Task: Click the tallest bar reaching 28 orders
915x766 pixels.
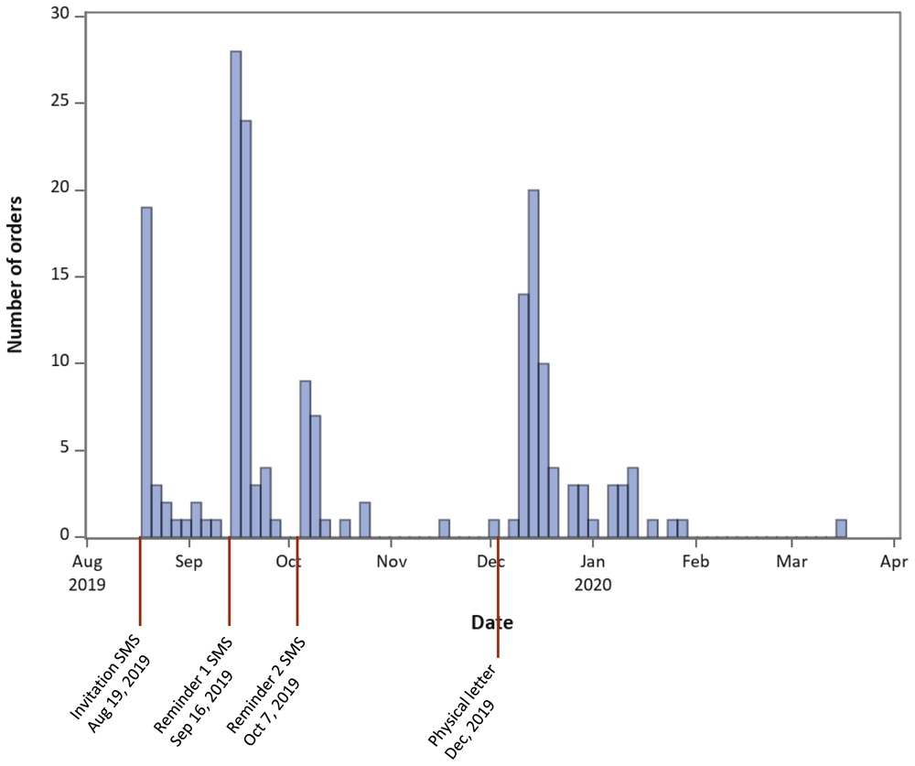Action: pos(236,295)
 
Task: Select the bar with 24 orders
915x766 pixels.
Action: pos(245,329)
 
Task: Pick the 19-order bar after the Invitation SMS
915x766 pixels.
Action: pos(146,372)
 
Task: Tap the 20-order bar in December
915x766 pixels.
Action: pos(533,363)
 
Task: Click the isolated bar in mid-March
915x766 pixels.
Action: pos(841,528)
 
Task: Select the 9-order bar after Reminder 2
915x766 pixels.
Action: pos(306,459)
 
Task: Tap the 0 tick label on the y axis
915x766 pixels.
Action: pos(65,535)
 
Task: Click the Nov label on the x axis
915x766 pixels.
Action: pos(391,562)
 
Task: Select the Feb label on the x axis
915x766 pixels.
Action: pos(695,562)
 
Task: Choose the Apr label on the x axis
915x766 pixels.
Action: pos(894,562)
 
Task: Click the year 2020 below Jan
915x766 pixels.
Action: pos(593,585)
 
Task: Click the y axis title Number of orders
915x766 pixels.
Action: pos(16,275)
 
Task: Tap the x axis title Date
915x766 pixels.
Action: pos(492,622)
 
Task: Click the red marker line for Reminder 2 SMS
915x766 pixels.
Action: pos(297,581)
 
